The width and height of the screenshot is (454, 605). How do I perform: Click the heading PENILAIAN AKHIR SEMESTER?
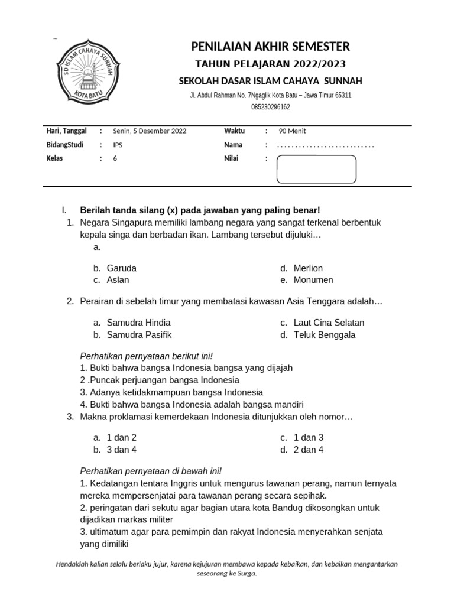pyautogui.click(x=270, y=46)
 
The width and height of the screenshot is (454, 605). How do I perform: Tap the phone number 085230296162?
pyautogui.click(x=271, y=107)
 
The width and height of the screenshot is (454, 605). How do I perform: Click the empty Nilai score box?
pyautogui.click(x=316, y=169)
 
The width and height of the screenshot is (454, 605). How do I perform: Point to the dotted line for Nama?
pyautogui.click(x=326, y=145)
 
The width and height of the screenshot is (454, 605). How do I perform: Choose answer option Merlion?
pyautogui.click(x=308, y=268)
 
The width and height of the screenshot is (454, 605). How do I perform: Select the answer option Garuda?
pyautogui.click(x=121, y=268)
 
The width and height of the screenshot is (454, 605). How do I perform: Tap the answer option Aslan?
pyautogui.click(x=118, y=280)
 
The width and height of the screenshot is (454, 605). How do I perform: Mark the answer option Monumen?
pyautogui.click(x=313, y=280)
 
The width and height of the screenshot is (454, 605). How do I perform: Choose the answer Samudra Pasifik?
pyautogui.click(x=139, y=335)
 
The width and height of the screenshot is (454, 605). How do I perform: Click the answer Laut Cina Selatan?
pyautogui.click(x=329, y=323)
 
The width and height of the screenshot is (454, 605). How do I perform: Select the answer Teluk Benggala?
pyautogui.click(x=325, y=335)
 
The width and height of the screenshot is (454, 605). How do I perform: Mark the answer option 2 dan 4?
pyautogui.click(x=309, y=450)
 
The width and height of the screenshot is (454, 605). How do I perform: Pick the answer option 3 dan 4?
pyautogui.click(x=122, y=450)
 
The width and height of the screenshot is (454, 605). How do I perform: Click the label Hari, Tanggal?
pyautogui.click(x=66, y=131)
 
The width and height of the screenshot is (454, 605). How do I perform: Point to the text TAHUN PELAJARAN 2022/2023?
pyautogui.click(x=271, y=64)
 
